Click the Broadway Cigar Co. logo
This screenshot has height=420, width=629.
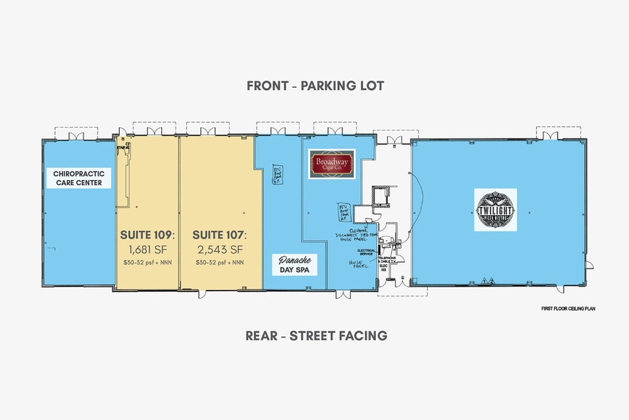tap(331, 164)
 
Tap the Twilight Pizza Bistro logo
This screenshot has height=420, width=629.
tap(496, 209)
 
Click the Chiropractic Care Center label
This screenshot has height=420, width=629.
tap(78, 178)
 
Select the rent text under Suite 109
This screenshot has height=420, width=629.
tap(147, 262)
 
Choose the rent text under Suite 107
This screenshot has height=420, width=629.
tap(219, 262)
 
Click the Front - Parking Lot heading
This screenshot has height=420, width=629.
tap(315, 86)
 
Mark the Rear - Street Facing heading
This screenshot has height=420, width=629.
tap(316, 335)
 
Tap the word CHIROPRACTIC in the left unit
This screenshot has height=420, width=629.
tap(78, 173)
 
